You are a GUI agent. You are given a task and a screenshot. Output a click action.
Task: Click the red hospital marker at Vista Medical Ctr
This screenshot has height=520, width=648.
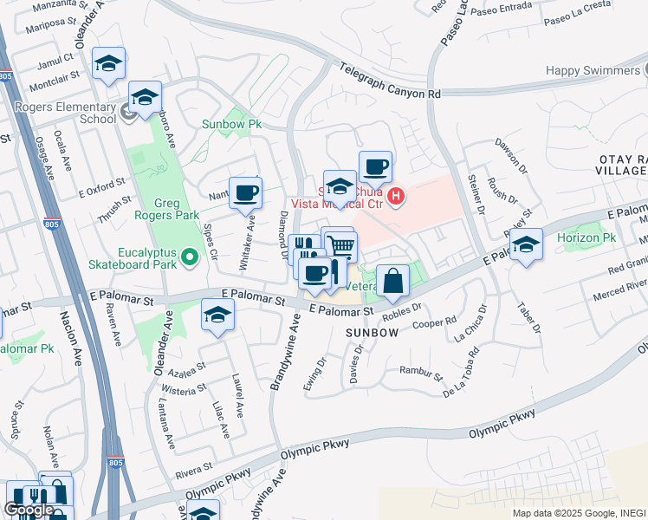coord(396,197)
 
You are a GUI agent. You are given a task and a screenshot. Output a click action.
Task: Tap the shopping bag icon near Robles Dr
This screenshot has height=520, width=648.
coord(392,281)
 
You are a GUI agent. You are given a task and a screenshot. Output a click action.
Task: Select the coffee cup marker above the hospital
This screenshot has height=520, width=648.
coord(375,167)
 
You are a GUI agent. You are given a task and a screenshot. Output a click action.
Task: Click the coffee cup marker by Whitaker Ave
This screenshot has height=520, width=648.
coord(245,192)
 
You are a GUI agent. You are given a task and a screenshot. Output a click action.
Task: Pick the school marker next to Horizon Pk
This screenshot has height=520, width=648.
coord(526,244)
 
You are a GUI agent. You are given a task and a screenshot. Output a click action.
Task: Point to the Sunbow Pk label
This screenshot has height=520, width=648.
coord(231,124)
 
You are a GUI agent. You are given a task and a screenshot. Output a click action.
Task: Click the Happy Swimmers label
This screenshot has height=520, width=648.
coord(595,70)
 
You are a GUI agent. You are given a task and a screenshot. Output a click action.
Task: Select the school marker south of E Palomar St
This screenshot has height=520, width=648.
coord(217,315)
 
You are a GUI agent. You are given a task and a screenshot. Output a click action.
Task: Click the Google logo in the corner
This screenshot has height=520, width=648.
coord(29,510)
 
